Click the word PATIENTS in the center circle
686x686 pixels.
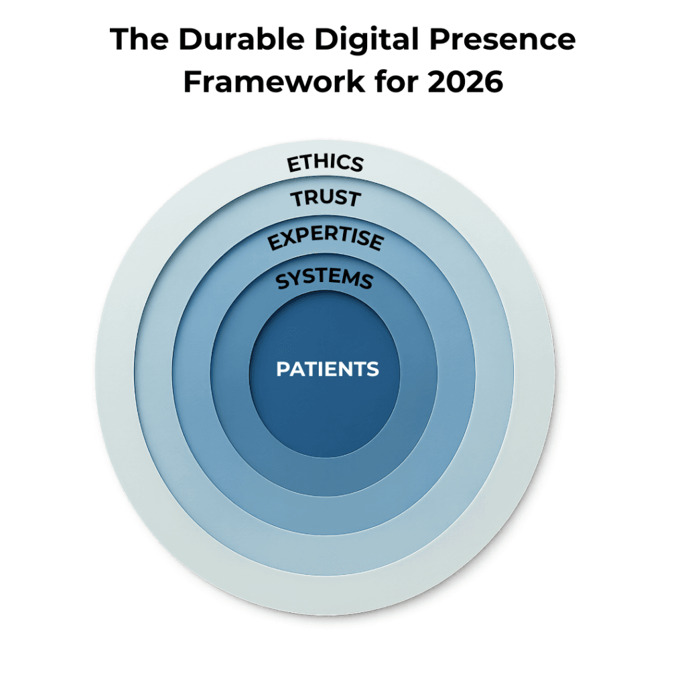click(x=328, y=369)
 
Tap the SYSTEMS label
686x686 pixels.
click(x=325, y=279)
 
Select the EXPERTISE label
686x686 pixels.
click(x=326, y=239)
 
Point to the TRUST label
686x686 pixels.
click(x=326, y=198)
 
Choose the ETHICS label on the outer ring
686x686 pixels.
click(x=326, y=163)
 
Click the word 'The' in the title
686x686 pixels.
click(x=137, y=40)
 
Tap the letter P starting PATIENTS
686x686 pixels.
click(x=283, y=369)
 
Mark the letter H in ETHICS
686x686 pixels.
click(x=322, y=162)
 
